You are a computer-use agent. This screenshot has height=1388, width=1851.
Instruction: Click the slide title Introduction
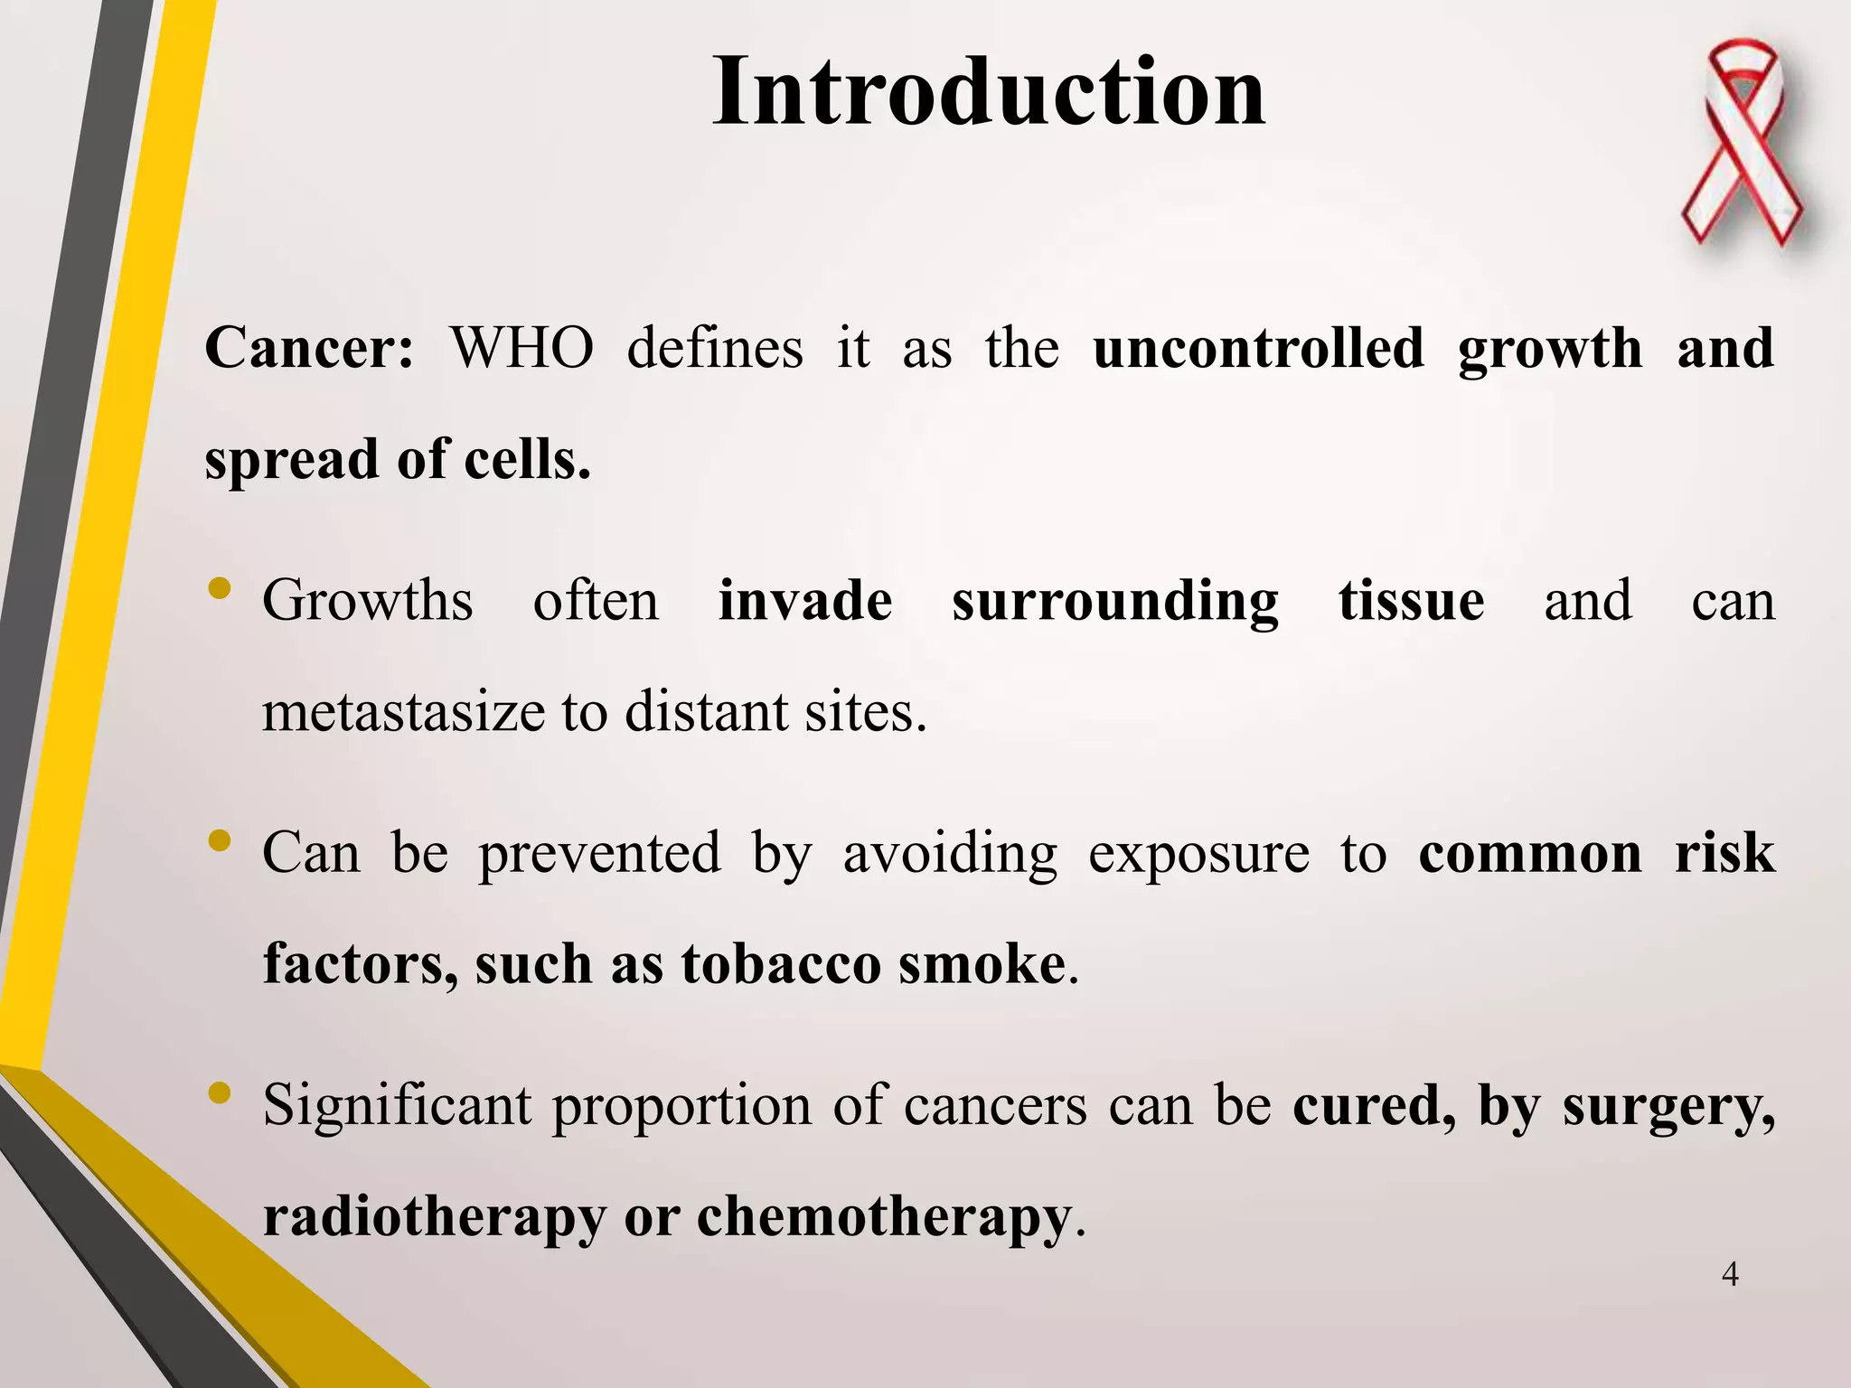[x=989, y=92]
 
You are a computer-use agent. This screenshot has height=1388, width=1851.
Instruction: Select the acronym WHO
[x=521, y=349]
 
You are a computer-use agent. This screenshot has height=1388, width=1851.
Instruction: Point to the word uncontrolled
[x=1258, y=349]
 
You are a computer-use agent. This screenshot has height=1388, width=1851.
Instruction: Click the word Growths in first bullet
[x=367, y=601]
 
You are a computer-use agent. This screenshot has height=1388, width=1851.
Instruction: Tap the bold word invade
[x=804, y=601]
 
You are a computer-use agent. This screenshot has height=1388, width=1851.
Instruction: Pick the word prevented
[x=599, y=855]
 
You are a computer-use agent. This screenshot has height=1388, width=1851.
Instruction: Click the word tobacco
[x=781, y=964]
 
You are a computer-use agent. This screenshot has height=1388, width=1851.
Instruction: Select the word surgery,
[x=1668, y=1108]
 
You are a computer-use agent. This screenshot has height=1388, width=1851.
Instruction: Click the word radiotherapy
[x=434, y=1218]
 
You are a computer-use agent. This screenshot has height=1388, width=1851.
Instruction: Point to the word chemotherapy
[x=883, y=1218]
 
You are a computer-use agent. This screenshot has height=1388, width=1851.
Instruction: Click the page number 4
[x=1730, y=1275]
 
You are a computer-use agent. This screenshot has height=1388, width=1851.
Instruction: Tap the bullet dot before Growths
[x=220, y=590]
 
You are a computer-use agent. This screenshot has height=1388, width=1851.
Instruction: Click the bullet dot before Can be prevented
[x=220, y=842]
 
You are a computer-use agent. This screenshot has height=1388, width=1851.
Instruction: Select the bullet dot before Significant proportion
[x=220, y=1094]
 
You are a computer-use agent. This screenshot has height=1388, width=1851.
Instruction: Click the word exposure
[x=1198, y=855]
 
